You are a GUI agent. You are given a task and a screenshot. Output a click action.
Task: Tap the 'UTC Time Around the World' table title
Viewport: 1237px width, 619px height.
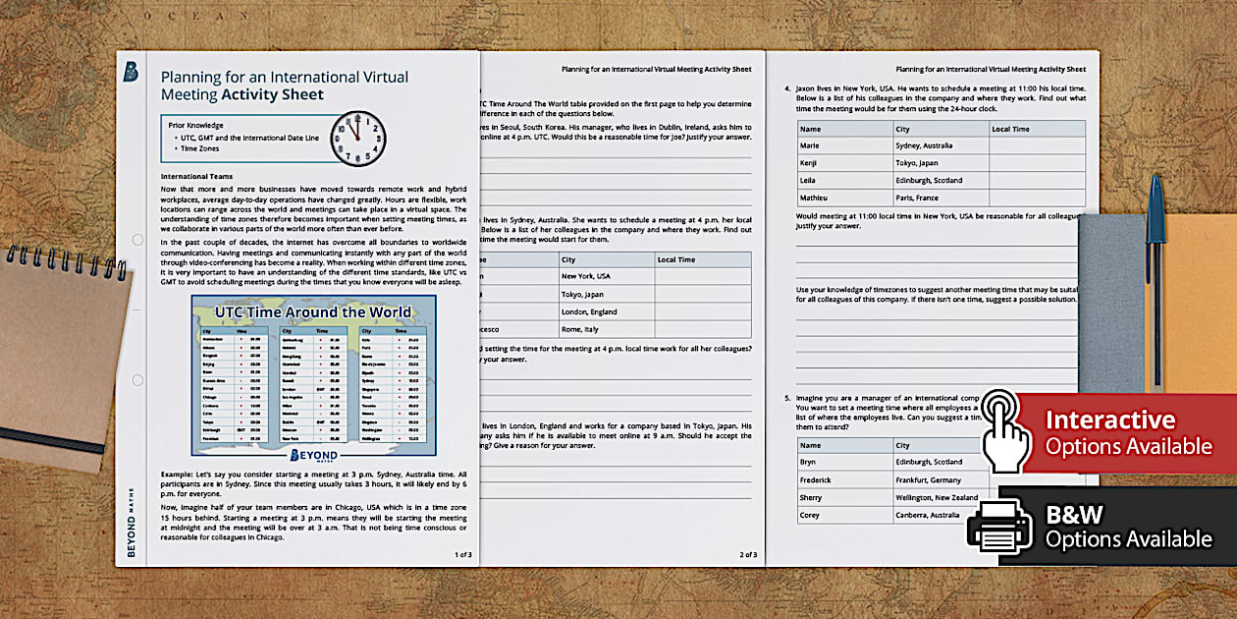(x=313, y=312)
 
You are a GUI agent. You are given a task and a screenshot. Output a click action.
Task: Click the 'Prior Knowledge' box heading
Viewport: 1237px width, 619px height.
(x=196, y=125)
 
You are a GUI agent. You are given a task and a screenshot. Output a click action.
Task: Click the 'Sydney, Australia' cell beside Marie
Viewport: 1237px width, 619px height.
(x=924, y=145)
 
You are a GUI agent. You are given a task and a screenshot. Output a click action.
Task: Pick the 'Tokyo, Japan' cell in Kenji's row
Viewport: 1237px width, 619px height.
(x=918, y=163)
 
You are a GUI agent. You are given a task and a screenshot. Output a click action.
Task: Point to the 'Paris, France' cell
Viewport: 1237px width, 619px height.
(x=917, y=197)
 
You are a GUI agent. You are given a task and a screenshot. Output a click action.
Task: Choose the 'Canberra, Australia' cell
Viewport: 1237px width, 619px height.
(x=928, y=514)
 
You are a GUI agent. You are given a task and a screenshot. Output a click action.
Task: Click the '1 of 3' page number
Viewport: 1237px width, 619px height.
(x=462, y=554)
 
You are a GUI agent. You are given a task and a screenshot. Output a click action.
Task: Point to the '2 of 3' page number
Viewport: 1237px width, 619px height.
(x=747, y=554)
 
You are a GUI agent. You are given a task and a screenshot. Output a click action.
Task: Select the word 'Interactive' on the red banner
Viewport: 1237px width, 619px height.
(x=1109, y=421)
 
